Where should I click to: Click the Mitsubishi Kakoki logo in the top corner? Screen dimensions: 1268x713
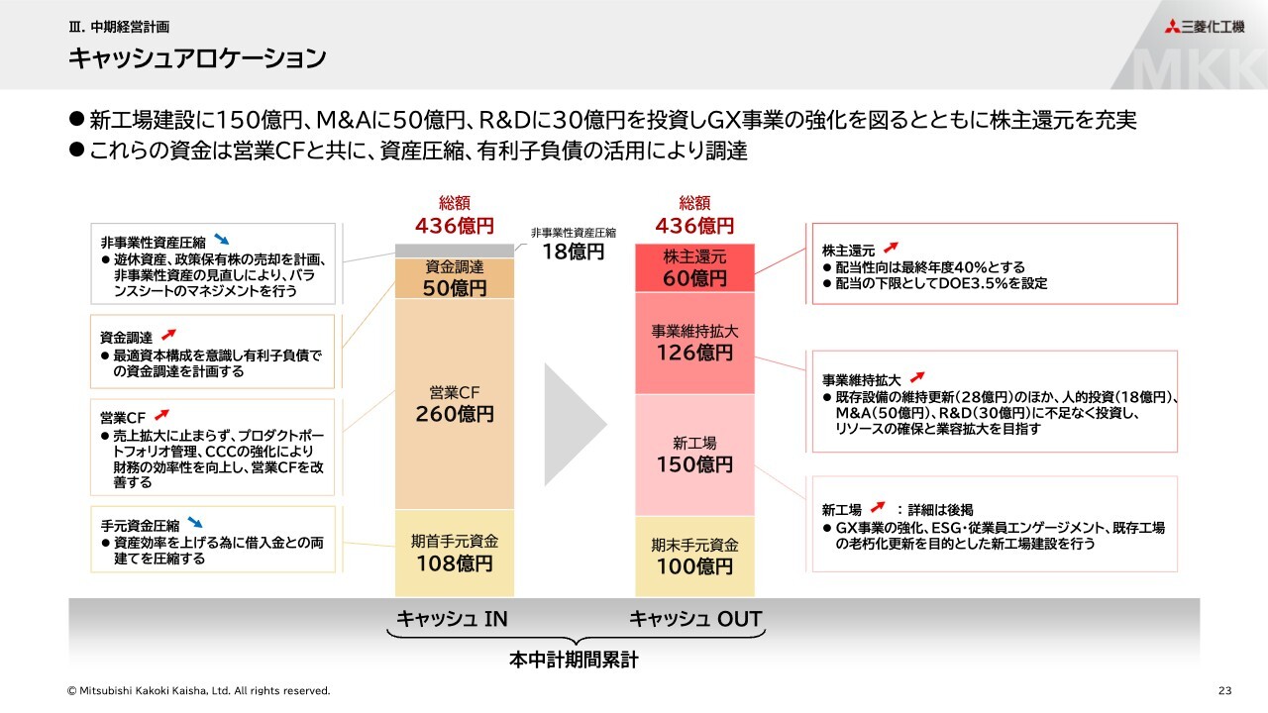[1204, 27]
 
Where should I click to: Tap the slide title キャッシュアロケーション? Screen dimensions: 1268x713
[197, 58]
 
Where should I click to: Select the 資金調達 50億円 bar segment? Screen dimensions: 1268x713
[455, 278]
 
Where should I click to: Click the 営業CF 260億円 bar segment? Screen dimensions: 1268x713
[455, 404]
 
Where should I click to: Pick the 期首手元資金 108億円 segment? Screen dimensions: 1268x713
[455, 553]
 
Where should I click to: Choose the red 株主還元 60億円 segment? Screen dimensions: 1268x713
[694, 268]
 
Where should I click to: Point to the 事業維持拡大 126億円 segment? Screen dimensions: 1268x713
[694, 343]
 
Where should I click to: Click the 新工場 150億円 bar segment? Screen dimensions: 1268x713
[694, 455]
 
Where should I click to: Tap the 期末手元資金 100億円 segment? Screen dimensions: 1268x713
[694, 557]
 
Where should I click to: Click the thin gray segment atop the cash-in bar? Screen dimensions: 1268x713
[455, 251]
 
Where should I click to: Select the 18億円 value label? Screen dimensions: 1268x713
[573, 252]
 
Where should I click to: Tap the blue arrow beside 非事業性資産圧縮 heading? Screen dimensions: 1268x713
[221, 240]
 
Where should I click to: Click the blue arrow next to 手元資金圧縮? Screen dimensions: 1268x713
[195, 522]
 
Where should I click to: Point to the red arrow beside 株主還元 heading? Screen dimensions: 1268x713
[891, 248]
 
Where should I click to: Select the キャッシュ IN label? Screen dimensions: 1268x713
[452, 619]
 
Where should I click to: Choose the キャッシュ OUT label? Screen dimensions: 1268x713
[695, 619]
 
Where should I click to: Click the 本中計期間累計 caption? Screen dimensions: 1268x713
[574, 660]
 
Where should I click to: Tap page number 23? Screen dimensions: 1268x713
[1225, 690]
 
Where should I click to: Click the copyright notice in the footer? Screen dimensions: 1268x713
[199, 690]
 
